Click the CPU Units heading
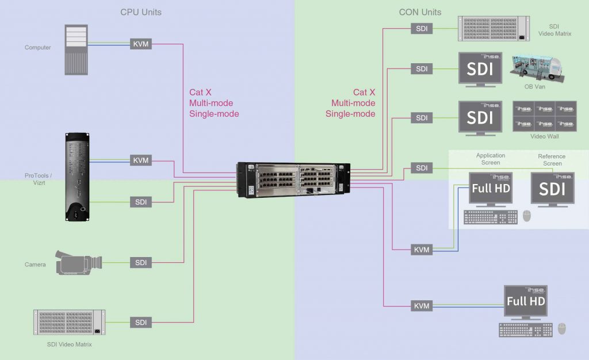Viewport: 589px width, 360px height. coord(141,12)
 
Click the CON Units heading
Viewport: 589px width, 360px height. coord(420,12)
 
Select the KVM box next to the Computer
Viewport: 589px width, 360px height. coord(141,43)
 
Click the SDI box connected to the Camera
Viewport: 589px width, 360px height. coord(141,262)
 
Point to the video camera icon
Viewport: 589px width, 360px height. coord(78,262)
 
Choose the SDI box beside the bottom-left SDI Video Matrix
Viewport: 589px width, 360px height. coord(141,323)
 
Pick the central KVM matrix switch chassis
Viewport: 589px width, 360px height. coord(293,181)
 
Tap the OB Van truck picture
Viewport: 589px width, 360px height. coord(536,68)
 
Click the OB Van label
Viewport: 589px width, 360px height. coord(534,87)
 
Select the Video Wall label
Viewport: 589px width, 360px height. coord(544,136)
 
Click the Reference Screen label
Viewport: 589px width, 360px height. coord(552,160)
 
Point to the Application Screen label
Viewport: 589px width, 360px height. coord(491,159)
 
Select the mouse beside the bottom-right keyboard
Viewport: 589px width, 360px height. coord(562,328)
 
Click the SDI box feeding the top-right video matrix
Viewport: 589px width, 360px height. coord(422,28)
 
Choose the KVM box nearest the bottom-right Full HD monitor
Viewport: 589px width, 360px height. coord(422,306)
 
